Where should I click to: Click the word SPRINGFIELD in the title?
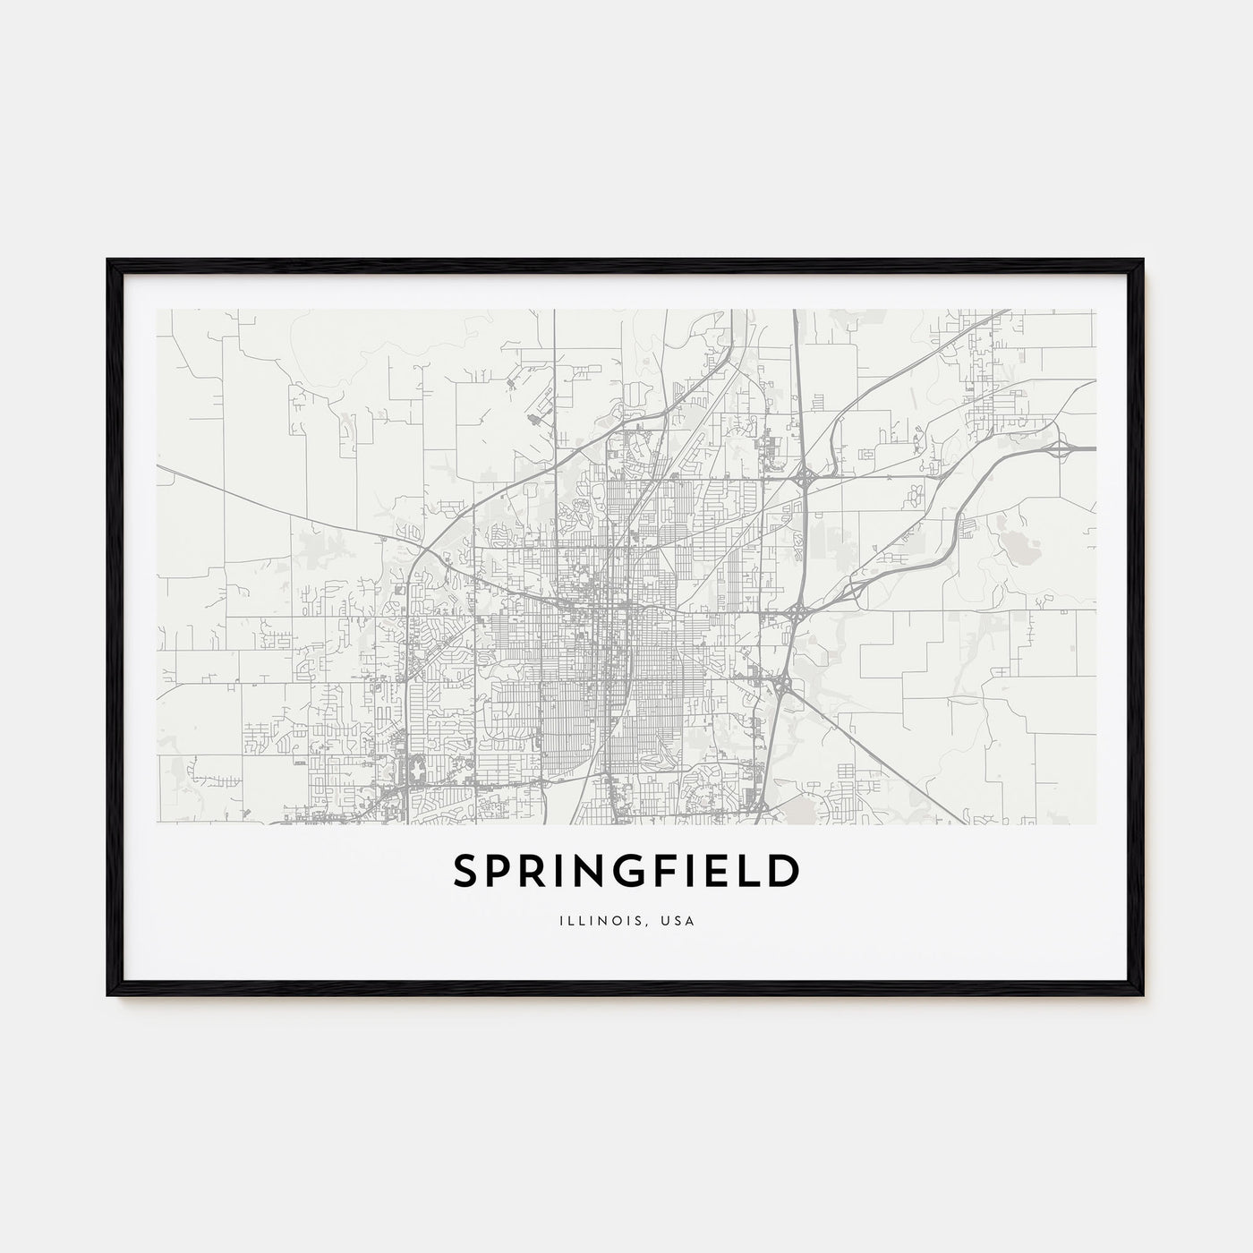[626, 872]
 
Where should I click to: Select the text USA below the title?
[680, 916]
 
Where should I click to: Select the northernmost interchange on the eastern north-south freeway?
[804, 475]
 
